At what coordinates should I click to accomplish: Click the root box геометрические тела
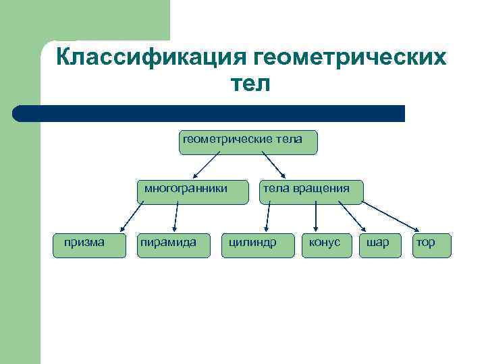point(248,142)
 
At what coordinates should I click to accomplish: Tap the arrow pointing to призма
point(132,217)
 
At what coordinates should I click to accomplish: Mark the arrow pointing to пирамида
point(177,217)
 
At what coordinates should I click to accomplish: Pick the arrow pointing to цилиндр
point(268,217)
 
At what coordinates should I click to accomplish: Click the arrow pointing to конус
point(316,217)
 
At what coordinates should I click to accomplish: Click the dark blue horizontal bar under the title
point(209,113)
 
